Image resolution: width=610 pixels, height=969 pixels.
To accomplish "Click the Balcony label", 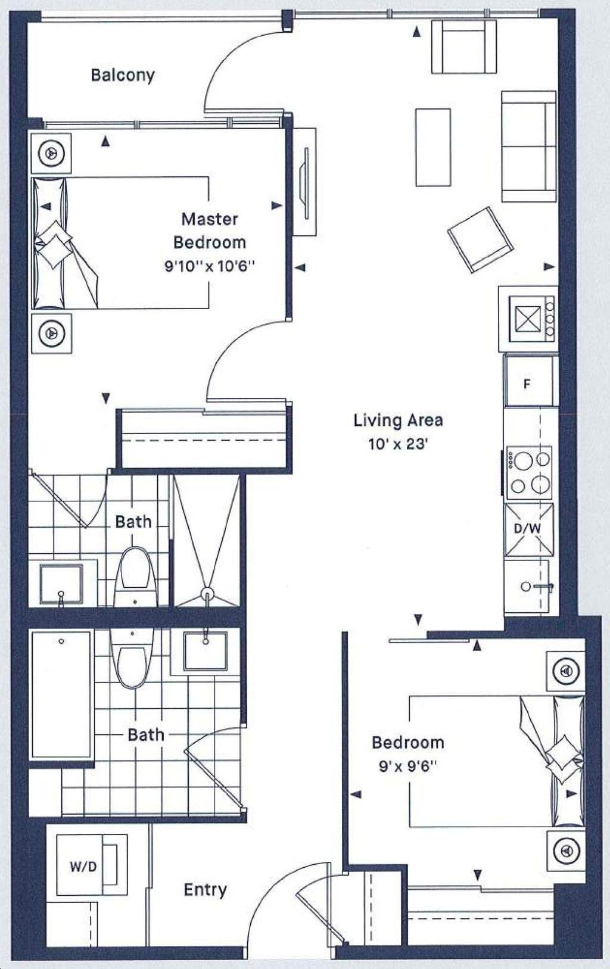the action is [123, 75].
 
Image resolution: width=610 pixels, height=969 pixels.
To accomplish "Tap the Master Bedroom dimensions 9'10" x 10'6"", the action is [210, 266].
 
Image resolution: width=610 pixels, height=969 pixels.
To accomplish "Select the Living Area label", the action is [398, 420].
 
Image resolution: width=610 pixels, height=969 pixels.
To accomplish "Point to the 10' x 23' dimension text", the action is [398, 444].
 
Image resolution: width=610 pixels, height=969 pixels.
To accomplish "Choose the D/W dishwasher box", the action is [528, 529].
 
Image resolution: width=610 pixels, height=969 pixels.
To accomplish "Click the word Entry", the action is [205, 889].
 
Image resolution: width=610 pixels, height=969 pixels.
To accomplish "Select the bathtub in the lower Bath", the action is [61, 694].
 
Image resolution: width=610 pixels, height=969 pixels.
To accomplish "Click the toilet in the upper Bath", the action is [135, 577].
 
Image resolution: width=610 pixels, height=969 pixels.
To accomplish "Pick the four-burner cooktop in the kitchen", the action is [528, 473].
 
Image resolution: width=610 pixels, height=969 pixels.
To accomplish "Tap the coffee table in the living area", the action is [432, 147].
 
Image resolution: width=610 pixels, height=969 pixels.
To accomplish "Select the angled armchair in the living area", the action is [481, 239].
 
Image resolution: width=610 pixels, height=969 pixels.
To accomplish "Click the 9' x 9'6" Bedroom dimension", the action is [408, 767].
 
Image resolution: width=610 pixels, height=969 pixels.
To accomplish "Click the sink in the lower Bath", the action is [206, 651].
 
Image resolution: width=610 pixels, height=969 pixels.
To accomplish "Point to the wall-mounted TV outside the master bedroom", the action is [306, 183].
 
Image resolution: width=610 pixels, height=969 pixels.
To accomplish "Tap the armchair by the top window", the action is [464, 46].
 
